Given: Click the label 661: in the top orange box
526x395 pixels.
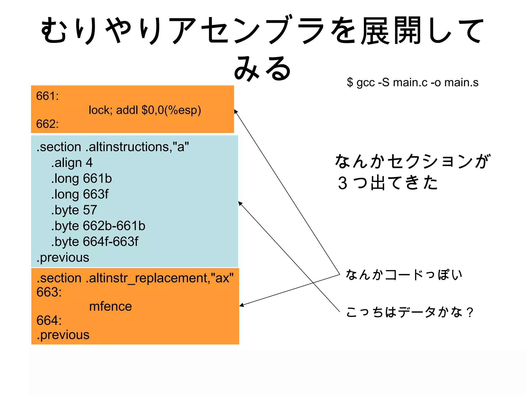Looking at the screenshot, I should [x=47, y=96].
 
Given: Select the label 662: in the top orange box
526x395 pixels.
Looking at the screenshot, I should [x=47, y=124].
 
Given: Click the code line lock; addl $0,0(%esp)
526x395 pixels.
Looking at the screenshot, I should [x=145, y=110].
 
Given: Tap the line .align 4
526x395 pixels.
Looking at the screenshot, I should [x=72, y=163].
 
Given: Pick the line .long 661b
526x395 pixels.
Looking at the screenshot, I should [x=81, y=178].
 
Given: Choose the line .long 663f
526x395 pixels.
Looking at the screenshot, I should [x=80, y=194].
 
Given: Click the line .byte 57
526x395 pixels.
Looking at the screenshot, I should [x=74, y=210].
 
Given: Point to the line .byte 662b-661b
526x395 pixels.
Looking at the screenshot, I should [x=98, y=226].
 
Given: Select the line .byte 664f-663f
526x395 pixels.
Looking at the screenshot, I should [x=95, y=241].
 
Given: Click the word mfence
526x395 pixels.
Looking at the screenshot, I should [x=110, y=306].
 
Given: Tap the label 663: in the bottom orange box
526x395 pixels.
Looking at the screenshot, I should [x=49, y=292].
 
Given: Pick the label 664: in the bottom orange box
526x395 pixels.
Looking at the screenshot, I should [x=49, y=320].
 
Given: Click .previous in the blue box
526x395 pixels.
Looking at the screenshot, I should [x=63, y=257].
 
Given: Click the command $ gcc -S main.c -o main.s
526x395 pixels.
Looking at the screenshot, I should [x=412, y=82].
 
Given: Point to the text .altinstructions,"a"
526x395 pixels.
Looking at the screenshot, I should [x=137, y=147].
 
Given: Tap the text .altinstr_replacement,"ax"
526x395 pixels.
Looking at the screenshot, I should [x=159, y=278].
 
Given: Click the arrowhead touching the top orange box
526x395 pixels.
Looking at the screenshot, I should [x=236, y=111].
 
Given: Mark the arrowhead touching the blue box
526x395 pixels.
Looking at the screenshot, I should [x=240, y=203].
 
